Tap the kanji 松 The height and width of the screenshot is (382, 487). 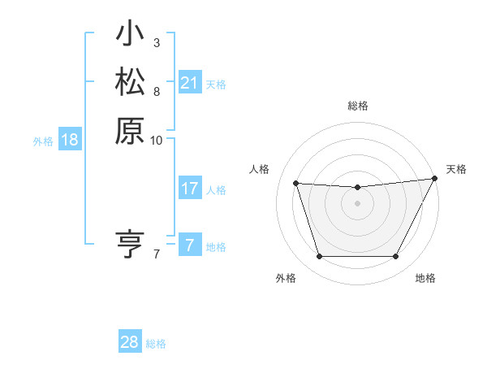(130, 83)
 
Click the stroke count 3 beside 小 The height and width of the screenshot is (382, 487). (156, 43)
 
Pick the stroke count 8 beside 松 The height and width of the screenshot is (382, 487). (156, 90)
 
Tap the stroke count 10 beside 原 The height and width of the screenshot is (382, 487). (157, 139)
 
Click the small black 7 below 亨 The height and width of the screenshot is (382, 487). (156, 254)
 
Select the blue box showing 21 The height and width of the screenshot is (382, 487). (189, 83)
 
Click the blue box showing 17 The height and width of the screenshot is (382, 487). (189, 189)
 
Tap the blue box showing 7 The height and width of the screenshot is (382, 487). (189, 245)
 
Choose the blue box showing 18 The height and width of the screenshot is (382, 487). (70, 140)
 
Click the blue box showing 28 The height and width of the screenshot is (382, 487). (130, 342)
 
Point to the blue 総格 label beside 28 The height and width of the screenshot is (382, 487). (157, 344)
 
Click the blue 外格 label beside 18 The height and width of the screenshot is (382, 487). (43, 141)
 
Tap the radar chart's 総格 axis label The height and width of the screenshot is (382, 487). (358, 106)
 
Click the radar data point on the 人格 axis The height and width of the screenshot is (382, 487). (295, 184)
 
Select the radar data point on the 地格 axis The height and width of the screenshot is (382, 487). (396, 257)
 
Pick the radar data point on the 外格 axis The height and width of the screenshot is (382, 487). (319, 257)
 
